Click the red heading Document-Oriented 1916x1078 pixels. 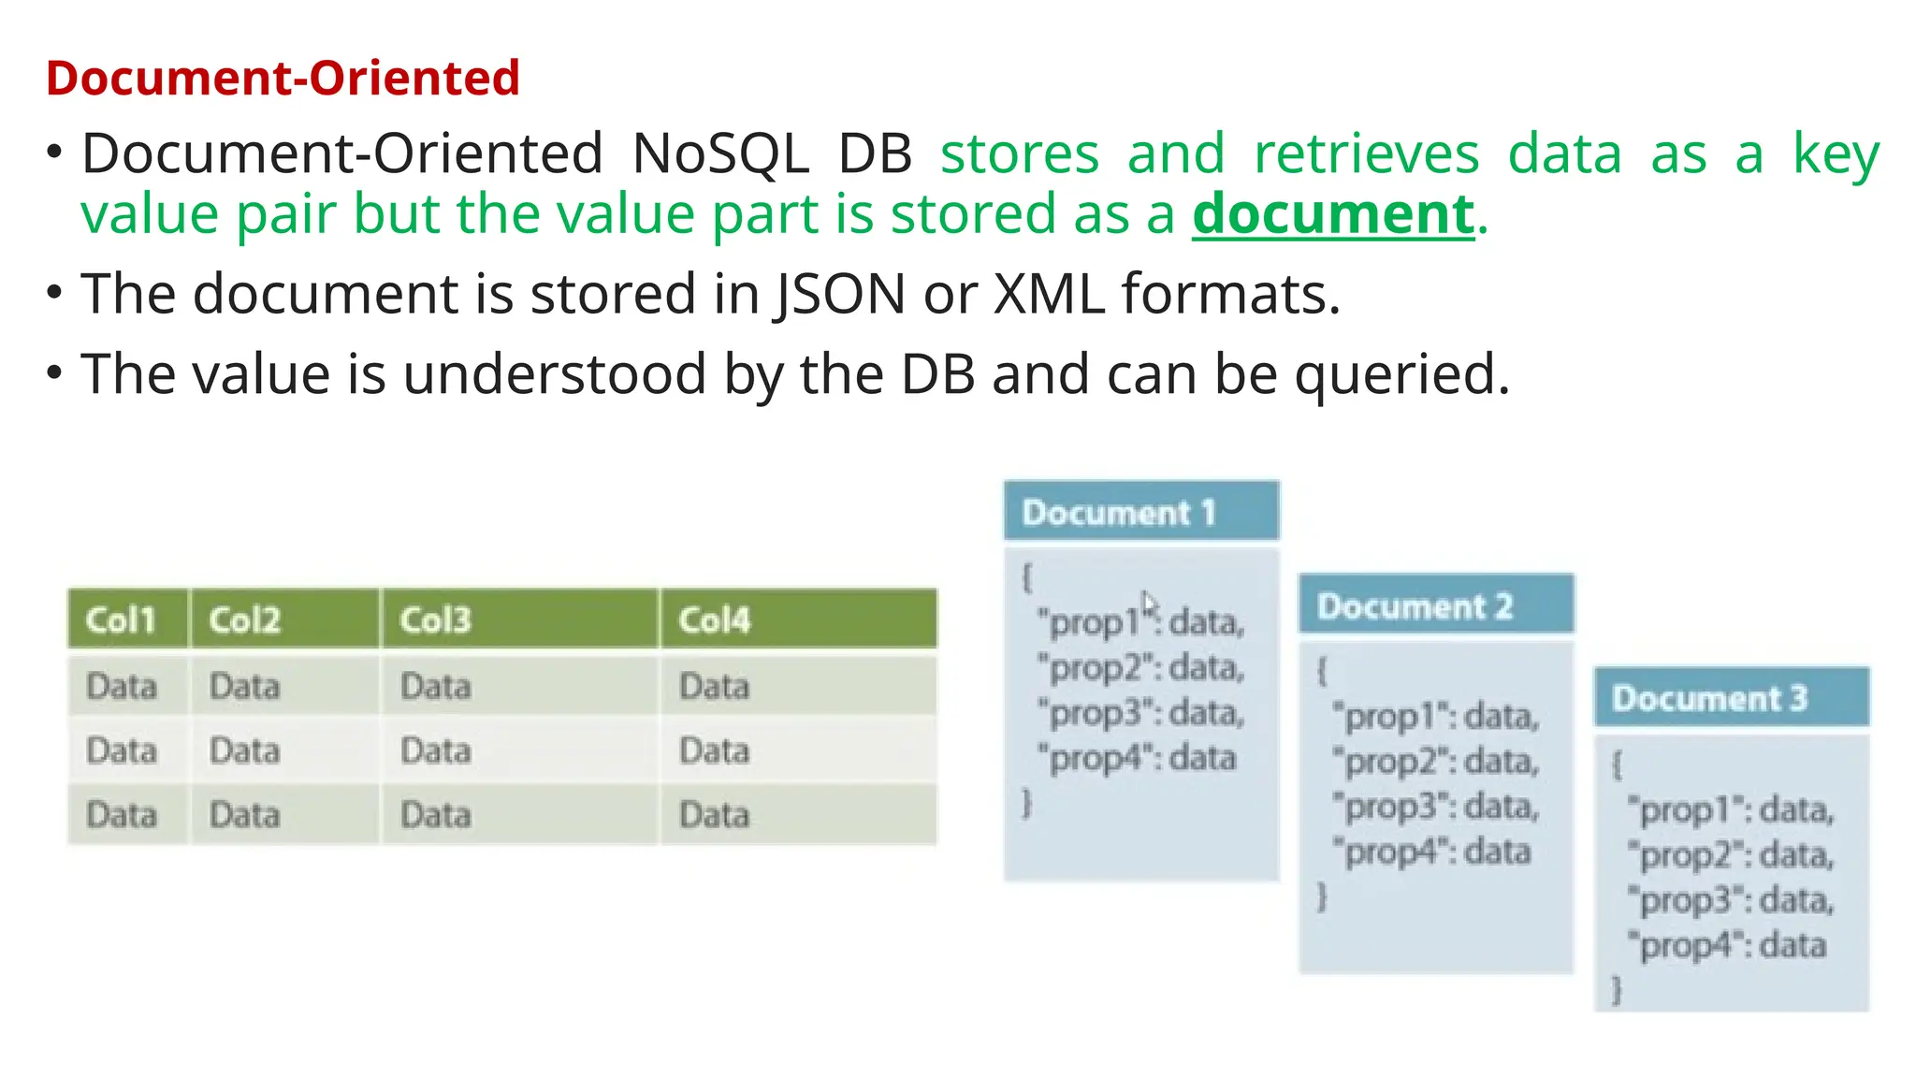[x=282, y=78]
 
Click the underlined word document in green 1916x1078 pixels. [x=1332, y=214]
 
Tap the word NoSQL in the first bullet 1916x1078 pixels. [x=719, y=153]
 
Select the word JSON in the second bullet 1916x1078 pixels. [x=839, y=294]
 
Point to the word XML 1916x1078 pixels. [x=1048, y=294]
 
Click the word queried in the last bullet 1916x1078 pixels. [x=1401, y=374]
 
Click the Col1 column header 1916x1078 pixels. [x=120, y=619]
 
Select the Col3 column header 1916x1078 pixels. [x=435, y=619]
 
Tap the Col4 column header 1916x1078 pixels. [x=714, y=619]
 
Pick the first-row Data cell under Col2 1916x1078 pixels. [x=244, y=687]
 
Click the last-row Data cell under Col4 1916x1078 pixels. [x=714, y=815]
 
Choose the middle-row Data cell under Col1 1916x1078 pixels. [x=121, y=750]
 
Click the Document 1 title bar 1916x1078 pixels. [x=1140, y=512]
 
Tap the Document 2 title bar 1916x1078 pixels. [x=1435, y=605]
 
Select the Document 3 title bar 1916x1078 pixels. [x=1731, y=698]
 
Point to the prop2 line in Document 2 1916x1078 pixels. [x=1435, y=762]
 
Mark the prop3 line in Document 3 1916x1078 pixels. [x=1730, y=900]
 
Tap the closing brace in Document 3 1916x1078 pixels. [x=1617, y=989]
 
